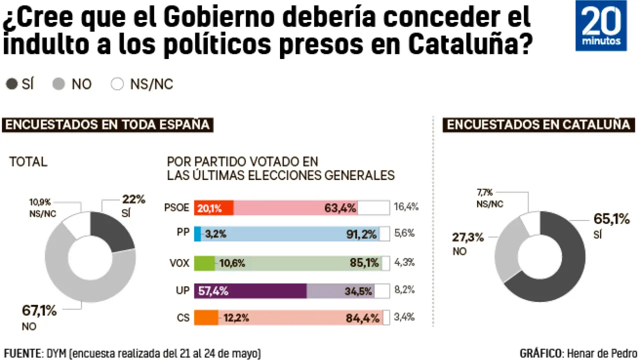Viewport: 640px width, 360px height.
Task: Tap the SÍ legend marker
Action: pos(11,84)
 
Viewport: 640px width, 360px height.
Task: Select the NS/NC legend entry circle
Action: pos(117,84)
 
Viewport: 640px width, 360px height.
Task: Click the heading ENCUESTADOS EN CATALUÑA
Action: pos(538,124)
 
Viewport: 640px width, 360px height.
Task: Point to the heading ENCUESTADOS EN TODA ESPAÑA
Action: pos(108,124)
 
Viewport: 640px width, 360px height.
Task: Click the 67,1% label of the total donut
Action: pos(39,310)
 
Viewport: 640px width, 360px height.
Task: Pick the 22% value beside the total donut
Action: pos(133,199)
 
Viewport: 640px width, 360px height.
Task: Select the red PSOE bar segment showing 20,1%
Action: pos(213,208)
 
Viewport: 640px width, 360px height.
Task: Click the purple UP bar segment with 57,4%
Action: pos(250,291)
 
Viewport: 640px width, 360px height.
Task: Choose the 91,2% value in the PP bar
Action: pos(361,234)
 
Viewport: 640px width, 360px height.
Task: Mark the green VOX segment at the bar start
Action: pos(204,263)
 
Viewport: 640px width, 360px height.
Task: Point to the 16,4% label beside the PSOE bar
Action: pos(406,207)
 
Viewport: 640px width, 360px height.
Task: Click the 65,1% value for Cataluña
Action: pos(611,219)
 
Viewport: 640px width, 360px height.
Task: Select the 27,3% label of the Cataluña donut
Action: pos(468,237)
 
